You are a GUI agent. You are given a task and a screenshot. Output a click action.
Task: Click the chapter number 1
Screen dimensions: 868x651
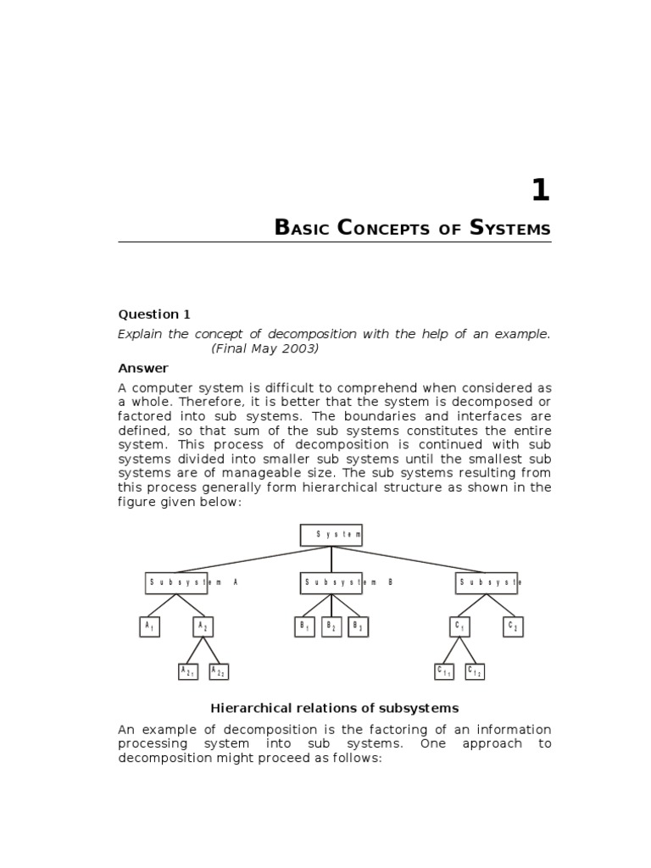tap(540, 191)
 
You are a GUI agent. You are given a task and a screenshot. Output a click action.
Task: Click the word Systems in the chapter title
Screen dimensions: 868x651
tap(509, 228)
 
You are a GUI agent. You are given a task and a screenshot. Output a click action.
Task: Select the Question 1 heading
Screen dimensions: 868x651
tap(148, 314)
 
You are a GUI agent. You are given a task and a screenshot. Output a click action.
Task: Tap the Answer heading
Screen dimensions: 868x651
tap(142, 368)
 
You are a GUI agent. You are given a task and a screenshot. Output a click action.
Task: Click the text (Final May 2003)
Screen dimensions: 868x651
tap(264, 348)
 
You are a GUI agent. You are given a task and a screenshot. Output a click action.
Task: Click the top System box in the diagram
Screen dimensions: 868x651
tap(331, 535)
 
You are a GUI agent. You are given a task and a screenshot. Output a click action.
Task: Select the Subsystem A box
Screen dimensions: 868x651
tap(176, 582)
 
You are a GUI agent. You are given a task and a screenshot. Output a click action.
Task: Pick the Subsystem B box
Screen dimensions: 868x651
tap(331, 582)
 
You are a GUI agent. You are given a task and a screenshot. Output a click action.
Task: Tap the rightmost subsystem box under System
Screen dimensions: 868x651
tap(486, 582)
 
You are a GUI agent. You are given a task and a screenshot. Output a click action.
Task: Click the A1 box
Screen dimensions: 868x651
tap(149, 626)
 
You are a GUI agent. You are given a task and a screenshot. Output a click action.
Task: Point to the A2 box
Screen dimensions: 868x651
tap(203, 626)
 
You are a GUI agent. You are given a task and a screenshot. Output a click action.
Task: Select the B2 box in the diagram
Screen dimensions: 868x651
tap(331, 626)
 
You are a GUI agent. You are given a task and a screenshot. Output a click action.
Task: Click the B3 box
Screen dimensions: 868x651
tap(358, 626)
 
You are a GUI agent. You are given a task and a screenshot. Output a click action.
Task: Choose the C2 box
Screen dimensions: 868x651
tap(512, 626)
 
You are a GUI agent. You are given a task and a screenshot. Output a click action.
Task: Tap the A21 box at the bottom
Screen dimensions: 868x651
tap(188, 671)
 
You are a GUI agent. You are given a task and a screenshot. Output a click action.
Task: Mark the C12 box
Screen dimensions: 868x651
tap(475, 671)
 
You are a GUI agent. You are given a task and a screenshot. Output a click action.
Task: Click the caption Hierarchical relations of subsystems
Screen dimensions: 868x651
tap(334, 708)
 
